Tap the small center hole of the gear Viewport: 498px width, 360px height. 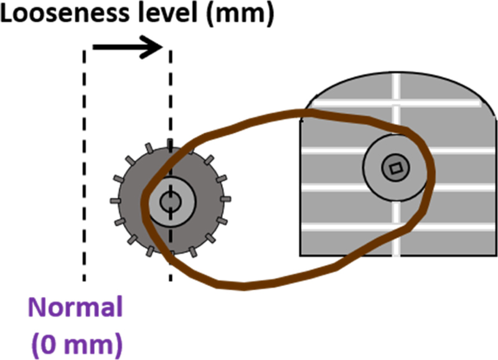coord(169,201)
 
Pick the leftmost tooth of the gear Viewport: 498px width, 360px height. coord(115,201)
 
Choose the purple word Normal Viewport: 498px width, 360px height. coord(83,308)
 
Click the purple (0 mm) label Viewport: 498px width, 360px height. coord(83,342)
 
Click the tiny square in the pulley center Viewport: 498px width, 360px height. coord(395,167)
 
